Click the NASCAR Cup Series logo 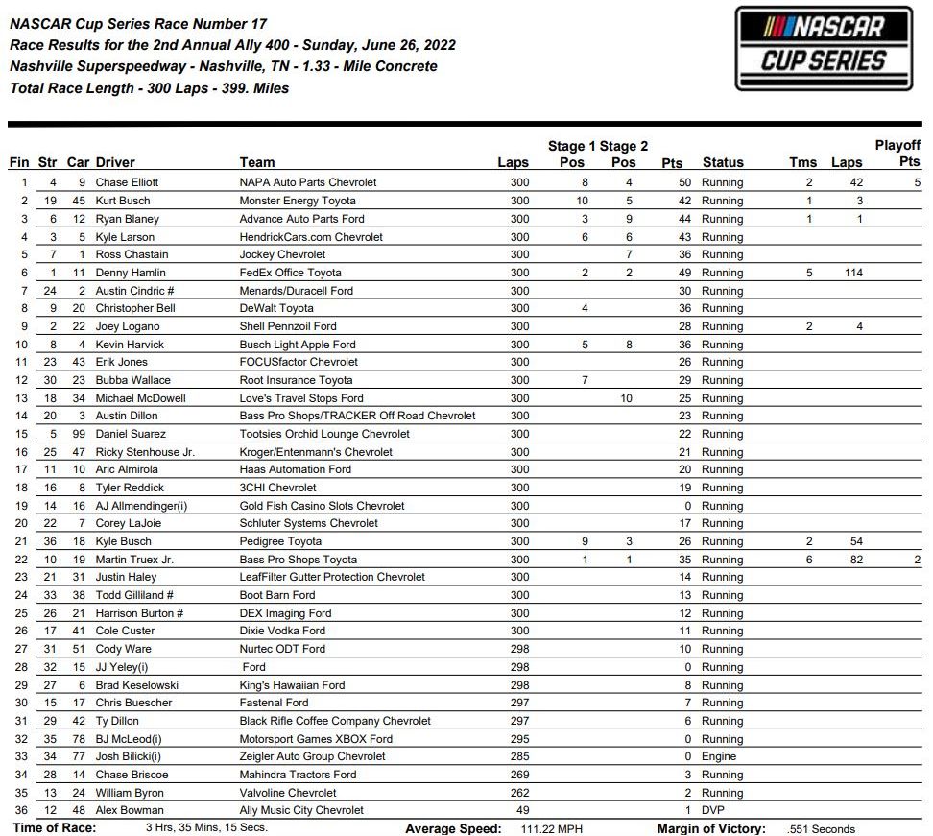[825, 49]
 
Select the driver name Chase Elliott [127, 182]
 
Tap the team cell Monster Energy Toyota [298, 201]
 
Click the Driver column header [115, 162]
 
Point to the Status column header [723, 162]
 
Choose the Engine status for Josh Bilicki [720, 757]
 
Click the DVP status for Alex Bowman [714, 811]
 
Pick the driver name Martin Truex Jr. [134, 560]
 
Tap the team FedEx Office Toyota [290, 273]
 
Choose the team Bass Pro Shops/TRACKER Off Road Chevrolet [357, 416]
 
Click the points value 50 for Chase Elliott [684, 182]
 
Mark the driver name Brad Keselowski [136, 685]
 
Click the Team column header [257, 162]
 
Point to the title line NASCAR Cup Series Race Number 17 [138, 24]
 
